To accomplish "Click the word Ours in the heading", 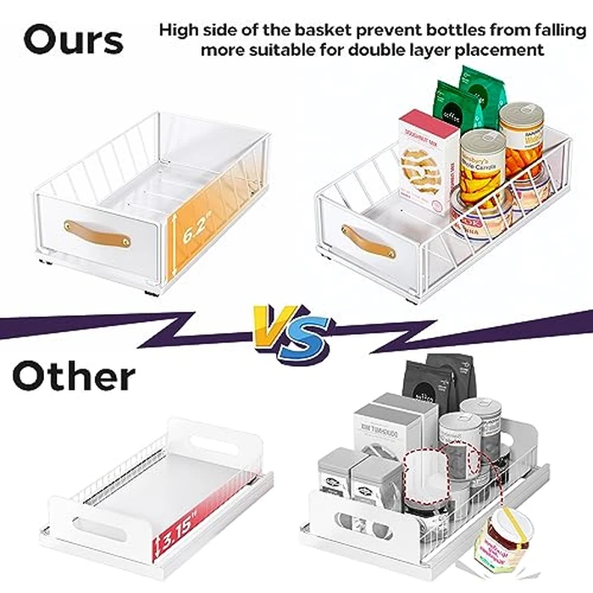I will (x=74, y=40).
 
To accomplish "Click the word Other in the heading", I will (x=74, y=376).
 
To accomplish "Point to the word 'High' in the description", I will (x=180, y=30).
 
